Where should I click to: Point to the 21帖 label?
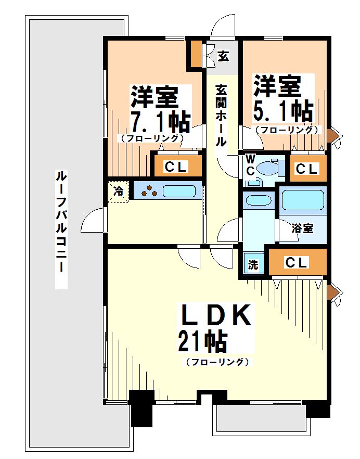[202, 342]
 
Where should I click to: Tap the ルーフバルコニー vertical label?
[61, 229]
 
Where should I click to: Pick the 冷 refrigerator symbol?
[119, 191]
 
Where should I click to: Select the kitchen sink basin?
[178, 191]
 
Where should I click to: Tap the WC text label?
[250, 163]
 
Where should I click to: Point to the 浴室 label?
[302, 227]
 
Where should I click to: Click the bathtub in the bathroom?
[303, 200]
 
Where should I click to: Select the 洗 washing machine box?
[253, 264]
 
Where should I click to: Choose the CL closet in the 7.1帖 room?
[176, 167]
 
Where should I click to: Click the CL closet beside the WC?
[307, 169]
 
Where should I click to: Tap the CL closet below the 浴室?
[297, 262]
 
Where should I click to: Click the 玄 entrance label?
[223, 56]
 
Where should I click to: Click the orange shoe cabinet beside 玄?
[196, 54]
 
